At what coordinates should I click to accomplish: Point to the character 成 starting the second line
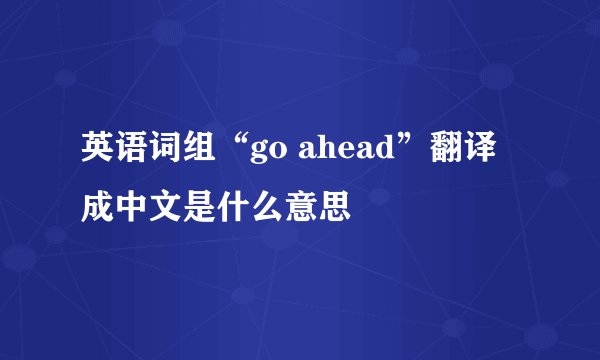99,207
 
